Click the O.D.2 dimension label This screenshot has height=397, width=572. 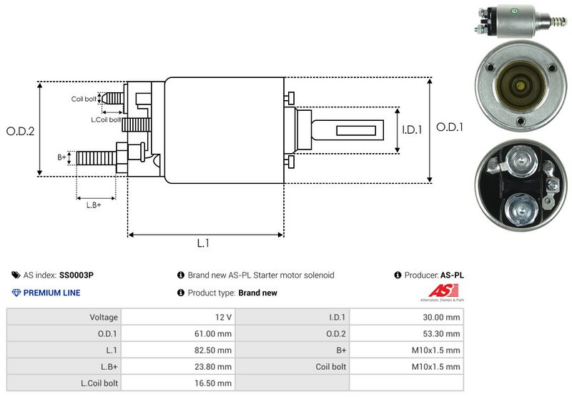coord(21,131)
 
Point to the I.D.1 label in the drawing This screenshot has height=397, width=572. coord(413,129)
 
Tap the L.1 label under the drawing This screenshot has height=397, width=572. coord(203,243)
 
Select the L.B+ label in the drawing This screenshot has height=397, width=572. coord(94,205)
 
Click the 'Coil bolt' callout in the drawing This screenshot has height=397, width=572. coord(84,99)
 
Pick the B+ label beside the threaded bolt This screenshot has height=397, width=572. coord(61,157)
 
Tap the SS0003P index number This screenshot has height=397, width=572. coord(77,275)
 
